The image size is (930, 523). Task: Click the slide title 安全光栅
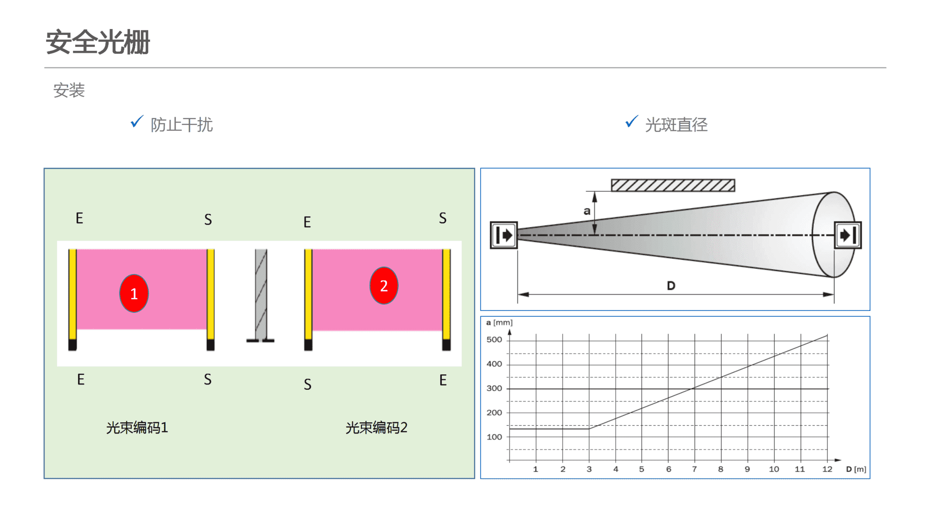[98, 42]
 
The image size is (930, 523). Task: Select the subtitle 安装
[69, 90]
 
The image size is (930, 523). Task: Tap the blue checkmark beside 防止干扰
[137, 122]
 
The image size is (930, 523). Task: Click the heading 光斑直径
[676, 125]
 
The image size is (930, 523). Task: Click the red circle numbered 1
[134, 293]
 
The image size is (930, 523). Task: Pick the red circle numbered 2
[384, 286]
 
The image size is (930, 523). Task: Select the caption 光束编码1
[137, 428]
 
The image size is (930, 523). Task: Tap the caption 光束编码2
[376, 428]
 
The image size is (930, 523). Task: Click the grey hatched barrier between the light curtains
[261, 295]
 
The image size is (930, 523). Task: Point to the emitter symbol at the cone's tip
[504, 235]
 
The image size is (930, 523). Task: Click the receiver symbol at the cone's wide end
[848, 235]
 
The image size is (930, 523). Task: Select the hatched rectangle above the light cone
[673, 185]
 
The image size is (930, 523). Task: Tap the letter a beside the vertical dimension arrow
[587, 211]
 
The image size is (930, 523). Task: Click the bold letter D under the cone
[671, 286]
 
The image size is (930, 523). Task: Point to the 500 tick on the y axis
[494, 340]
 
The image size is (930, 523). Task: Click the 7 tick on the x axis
[694, 469]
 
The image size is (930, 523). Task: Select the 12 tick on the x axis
[827, 469]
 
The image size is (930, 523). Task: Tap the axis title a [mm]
[499, 323]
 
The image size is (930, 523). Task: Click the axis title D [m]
[856, 469]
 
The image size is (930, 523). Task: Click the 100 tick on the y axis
[494, 437]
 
